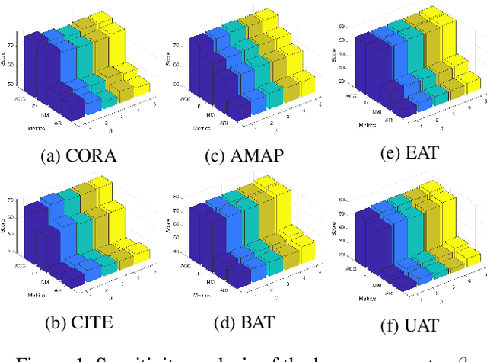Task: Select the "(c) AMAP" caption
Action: pyautogui.click(x=243, y=156)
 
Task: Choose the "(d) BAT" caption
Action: pyautogui.click(x=243, y=322)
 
